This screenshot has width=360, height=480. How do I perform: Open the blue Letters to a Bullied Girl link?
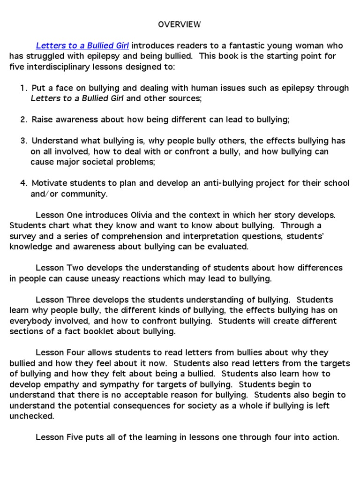click(x=82, y=46)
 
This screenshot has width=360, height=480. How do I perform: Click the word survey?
click(x=23, y=236)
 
